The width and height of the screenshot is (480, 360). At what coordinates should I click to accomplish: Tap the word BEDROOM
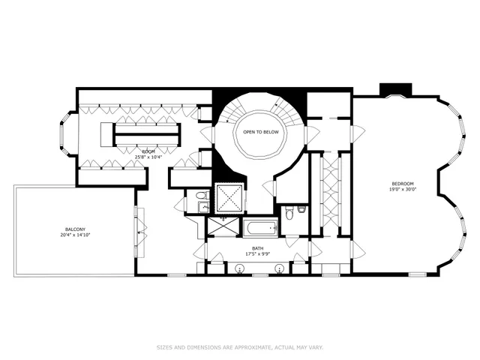[402, 184]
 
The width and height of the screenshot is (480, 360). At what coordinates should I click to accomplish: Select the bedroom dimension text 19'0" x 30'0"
[402, 190]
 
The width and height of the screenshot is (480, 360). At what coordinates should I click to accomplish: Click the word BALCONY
[73, 229]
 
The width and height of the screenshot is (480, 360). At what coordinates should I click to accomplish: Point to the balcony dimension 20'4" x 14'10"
[73, 235]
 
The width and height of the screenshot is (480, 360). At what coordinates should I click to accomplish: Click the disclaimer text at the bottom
[240, 347]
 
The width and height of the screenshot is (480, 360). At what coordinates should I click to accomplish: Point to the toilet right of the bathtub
[298, 211]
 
